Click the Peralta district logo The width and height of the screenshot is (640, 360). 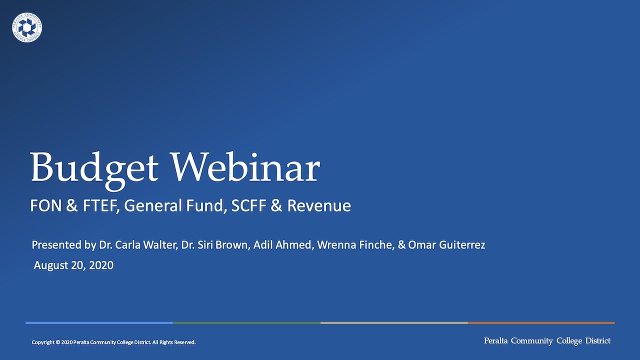(27, 27)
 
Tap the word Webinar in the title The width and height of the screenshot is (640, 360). (245, 167)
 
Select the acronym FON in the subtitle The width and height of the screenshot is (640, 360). (46, 205)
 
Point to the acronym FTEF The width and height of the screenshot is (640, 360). (99, 205)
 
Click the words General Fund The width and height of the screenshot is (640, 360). (175, 205)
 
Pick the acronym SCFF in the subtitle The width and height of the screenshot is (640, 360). (248, 205)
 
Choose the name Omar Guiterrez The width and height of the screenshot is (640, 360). (446, 245)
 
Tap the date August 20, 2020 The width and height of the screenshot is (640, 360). (73, 265)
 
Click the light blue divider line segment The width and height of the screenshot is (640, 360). (99, 323)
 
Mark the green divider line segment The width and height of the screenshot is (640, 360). (246, 323)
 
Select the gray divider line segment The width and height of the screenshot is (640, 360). (394, 323)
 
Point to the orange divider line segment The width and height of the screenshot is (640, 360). (541, 323)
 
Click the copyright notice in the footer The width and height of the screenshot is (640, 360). (113, 342)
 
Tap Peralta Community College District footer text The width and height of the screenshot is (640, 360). (547, 341)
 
